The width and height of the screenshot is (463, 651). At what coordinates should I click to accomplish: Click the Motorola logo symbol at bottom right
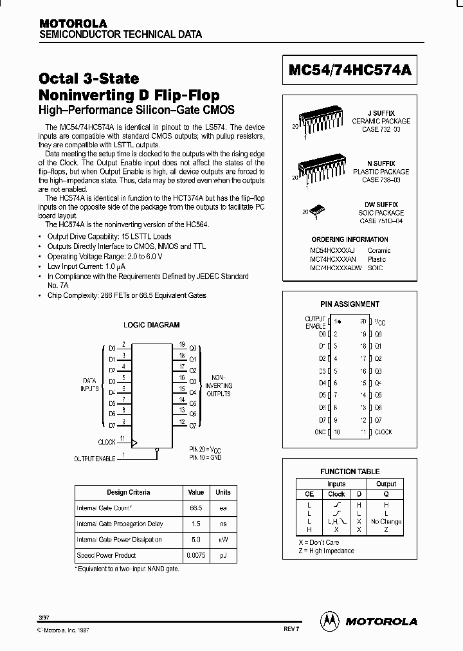click(332, 621)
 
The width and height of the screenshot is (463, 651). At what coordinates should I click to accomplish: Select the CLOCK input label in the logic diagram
click(107, 442)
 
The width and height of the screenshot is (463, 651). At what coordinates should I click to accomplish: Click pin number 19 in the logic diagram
click(183, 344)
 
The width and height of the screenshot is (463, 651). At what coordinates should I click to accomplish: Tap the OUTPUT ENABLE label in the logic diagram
click(95, 458)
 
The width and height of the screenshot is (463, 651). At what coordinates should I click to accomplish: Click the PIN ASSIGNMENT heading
click(350, 304)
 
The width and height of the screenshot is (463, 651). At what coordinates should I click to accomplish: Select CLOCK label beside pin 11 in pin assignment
click(384, 432)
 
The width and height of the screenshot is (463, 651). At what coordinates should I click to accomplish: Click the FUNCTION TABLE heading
click(350, 472)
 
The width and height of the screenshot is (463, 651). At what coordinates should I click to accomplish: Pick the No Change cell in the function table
click(386, 522)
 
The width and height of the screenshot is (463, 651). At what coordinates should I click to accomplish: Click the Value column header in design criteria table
click(195, 492)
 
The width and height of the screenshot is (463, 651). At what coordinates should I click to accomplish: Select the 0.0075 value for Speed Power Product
click(195, 555)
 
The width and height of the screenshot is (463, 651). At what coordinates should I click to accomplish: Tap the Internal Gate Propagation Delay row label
click(119, 524)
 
